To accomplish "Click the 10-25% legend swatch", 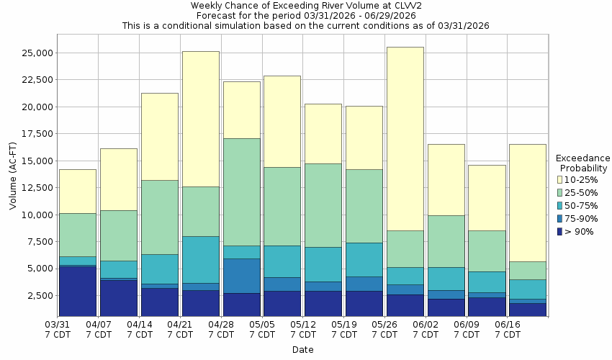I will tap(559, 179).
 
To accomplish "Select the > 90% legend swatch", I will tap(559, 231).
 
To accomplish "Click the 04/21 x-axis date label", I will tap(180, 330).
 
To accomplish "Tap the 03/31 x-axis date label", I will tap(58, 330).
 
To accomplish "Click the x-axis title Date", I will tap(302, 349).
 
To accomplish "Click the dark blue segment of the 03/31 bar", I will tap(78, 291).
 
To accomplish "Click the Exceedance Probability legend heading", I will tap(582, 163).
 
